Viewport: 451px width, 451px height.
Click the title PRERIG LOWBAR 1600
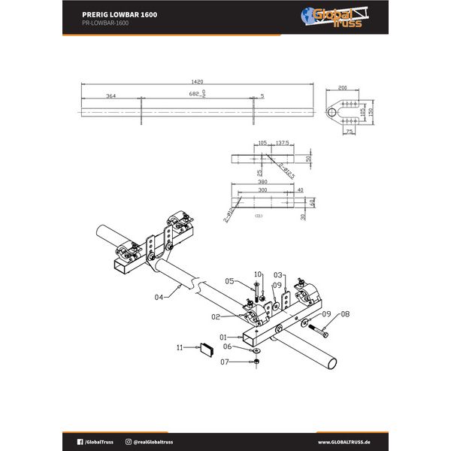click(x=120, y=14)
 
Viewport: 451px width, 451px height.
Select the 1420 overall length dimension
click(x=198, y=81)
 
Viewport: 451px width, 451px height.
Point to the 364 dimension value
click(x=110, y=96)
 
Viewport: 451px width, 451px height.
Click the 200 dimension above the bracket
click(x=344, y=87)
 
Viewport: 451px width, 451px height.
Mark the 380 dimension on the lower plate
click(x=263, y=181)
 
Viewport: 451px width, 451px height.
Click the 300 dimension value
click(x=262, y=190)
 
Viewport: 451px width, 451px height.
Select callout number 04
click(x=159, y=298)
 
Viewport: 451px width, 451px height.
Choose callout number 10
click(x=258, y=274)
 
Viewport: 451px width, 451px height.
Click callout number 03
click(x=277, y=275)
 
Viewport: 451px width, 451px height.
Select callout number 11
click(x=179, y=347)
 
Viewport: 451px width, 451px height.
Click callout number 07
click(x=223, y=362)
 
